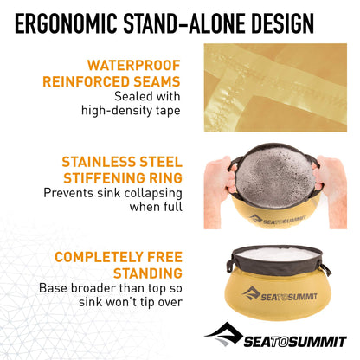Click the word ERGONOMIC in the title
(x=66, y=23)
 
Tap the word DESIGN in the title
(x=282, y=23)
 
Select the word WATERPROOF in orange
(x=134, y=65)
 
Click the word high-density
(x=116, y=110)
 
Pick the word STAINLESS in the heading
(x=99, y=162)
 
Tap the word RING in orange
(x=165, y=178)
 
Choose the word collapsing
(x=153, y=193)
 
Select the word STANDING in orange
(x=148, y=273)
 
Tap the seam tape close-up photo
(x=275, y=87)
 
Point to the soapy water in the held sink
(x=274, y=178)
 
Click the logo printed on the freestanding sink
(x=280, y=295)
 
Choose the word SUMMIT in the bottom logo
(x=318, y=342)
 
